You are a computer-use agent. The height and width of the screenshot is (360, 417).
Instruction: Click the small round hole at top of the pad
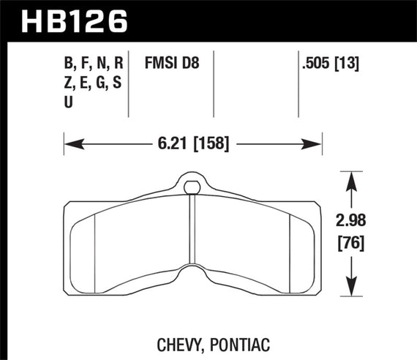pos(192,187)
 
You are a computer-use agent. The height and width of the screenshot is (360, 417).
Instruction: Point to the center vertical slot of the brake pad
pos(192,241)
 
